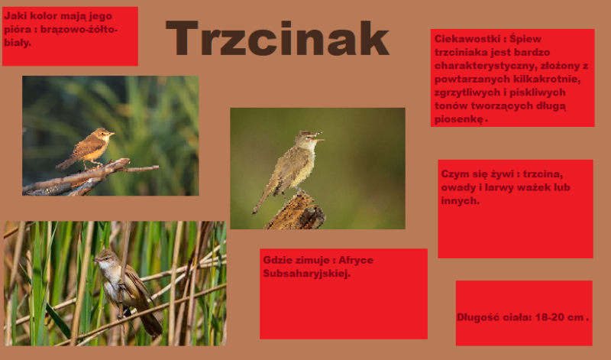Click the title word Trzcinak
[x=277, y=38]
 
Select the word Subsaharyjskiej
[x=307, y=274]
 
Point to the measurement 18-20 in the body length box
[x=549, y=317]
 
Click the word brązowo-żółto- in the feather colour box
[x=84, y=29]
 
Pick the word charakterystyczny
[x=485, y=66]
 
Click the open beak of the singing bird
[x=318, y=137]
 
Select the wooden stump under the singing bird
[x=296, y=212]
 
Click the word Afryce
[x=356, y=260]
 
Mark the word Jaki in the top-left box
[x=15, y=16]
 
